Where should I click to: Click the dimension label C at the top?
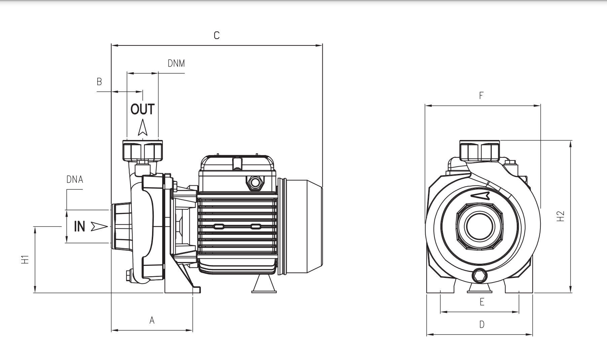(217, 35)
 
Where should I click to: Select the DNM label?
(176, 63)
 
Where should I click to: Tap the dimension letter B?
(99, 82)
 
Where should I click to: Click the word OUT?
(142, 109)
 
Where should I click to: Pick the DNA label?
(75, 180)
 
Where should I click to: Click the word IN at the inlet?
(79, 227)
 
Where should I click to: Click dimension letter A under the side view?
(152, 320)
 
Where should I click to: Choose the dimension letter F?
(481, 96)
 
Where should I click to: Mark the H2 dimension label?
(560, 216)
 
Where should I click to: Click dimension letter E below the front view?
(482, 302)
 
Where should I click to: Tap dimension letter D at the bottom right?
(482, 324)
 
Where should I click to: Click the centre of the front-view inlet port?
(479, 226)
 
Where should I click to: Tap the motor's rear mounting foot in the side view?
(264, 285)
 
